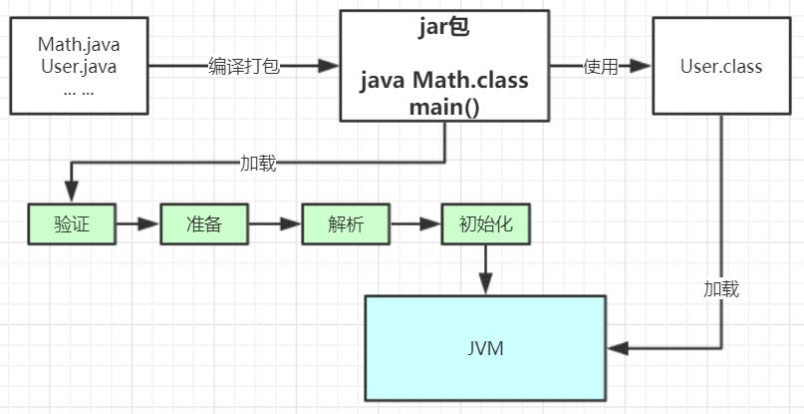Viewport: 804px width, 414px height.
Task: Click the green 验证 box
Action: pyautogui.click(x=71, y=224)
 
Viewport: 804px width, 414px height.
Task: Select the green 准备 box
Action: pyautogui.click(x=203, y=224)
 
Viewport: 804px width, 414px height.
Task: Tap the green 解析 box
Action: pyautogui.click(x=345, y=224)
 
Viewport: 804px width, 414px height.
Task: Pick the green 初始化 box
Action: pyautogui.click(x=486, y=224)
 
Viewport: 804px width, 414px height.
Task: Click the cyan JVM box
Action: pyautogui.click(x=485, y=349)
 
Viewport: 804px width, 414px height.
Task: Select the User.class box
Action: pyautogui.click(x=720, y=67)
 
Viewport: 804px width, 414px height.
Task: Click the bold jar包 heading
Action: pyautogui.click(x=444, y=28)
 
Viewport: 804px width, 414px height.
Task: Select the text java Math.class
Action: pyautogui.click(x=444, y=80)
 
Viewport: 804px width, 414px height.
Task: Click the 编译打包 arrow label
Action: pyautogui.click(x=244, y=67)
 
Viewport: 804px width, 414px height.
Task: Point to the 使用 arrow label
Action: pyautogui.click(x=601, y=67)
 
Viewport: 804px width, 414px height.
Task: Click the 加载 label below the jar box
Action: pyautogui.click(x=258, y=163)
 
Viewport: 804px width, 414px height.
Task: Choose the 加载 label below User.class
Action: pyautogui.click(x=720, y=289)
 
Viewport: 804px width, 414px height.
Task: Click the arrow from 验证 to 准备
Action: pyautogui.click(x=137, y=224)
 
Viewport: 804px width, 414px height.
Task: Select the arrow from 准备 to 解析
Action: pyautogui.click(x=274, y=224)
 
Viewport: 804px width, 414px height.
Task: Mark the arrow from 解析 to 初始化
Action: pyautogui.click(x=415, y=224)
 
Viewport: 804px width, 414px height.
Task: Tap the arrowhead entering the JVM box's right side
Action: pyautogui.click(x=618, y=348)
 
